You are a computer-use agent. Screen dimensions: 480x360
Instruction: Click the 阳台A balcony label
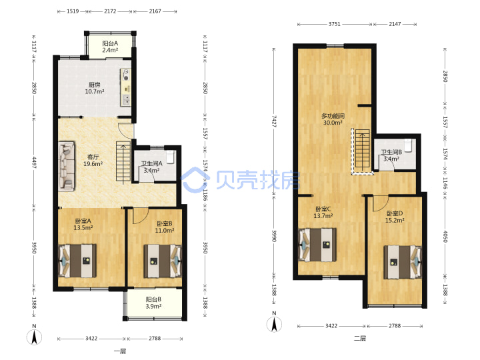[x=110, y=47]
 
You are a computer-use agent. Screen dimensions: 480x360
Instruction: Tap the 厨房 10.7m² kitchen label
[x=95, y=88]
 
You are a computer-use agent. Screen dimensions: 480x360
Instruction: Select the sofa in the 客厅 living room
[x=67, y=166]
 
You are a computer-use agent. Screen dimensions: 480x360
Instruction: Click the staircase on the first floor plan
[x=123, y=163]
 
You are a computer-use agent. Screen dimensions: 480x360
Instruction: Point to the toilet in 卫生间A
[x=170, y=156]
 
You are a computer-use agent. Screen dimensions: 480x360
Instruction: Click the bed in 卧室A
[x=77, y=261]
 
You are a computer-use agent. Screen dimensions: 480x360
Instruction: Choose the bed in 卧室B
[x=163, y=261]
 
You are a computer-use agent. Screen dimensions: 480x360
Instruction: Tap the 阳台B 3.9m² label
[x=153, y=303]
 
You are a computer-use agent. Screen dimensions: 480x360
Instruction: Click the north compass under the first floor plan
[x=34, y=335]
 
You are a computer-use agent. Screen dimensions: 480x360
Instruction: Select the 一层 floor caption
[x=120, y=351]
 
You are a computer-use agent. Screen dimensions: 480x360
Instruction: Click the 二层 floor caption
[x=360, y=338]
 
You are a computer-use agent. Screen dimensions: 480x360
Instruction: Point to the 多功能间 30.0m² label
[x=333, y=119]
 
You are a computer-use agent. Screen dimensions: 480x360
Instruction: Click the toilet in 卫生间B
[x=408, y=146]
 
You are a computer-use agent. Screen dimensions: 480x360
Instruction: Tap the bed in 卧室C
[x=317, y=245]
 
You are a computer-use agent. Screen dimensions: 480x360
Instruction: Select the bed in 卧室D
[x=403, y=262]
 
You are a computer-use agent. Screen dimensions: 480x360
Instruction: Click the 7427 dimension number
[x=274, y=121]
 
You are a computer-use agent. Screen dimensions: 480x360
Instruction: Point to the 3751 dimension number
[x=334, y=24]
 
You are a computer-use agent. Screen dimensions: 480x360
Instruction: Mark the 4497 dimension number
[x=34, y=163]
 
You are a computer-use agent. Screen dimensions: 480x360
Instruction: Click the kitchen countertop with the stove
[x=126, y=87]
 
